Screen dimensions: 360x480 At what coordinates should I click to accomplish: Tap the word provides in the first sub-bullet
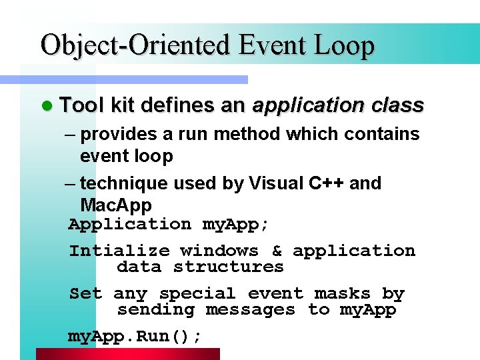tap(119, 134)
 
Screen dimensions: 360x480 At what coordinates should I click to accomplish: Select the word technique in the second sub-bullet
tap(123, 183)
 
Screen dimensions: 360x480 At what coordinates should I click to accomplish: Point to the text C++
tap(328, 183)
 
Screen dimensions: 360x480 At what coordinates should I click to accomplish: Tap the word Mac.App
tap(116, 205)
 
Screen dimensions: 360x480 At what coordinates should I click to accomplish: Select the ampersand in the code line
tap(276, 251)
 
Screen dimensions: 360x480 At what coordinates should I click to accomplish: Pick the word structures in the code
tap(228, 267)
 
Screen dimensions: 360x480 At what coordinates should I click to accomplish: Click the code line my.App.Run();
tap(135, 337)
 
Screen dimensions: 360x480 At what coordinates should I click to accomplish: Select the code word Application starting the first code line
tap(130, 225)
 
